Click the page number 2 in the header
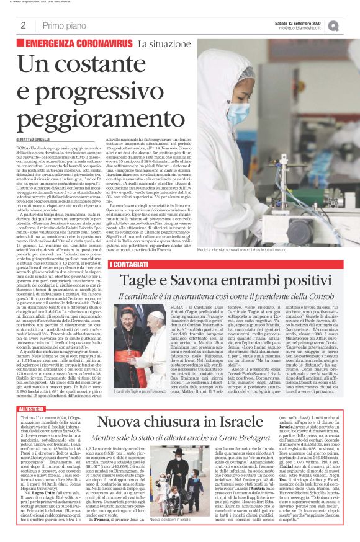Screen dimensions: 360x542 tap(22, 25)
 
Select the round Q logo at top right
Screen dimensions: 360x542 tap(351, 25)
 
